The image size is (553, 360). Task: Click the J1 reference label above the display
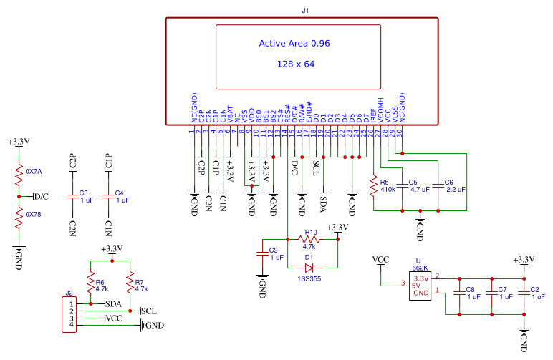point(306,10)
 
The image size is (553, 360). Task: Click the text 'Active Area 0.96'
point(294,44)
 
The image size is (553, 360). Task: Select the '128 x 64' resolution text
point(295,64)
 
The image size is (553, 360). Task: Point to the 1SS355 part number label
point(309,279)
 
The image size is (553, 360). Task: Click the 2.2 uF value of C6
point(455,190)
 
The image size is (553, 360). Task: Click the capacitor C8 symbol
point(459,293)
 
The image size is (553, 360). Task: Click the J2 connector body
point(69,315)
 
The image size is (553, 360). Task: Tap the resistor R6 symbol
point(90,285)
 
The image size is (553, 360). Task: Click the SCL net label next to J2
point(149,311)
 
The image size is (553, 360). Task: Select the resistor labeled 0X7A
point(19,172)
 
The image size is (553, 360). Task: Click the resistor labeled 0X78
point(19,215)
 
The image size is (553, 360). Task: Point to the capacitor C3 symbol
point(72,196)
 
